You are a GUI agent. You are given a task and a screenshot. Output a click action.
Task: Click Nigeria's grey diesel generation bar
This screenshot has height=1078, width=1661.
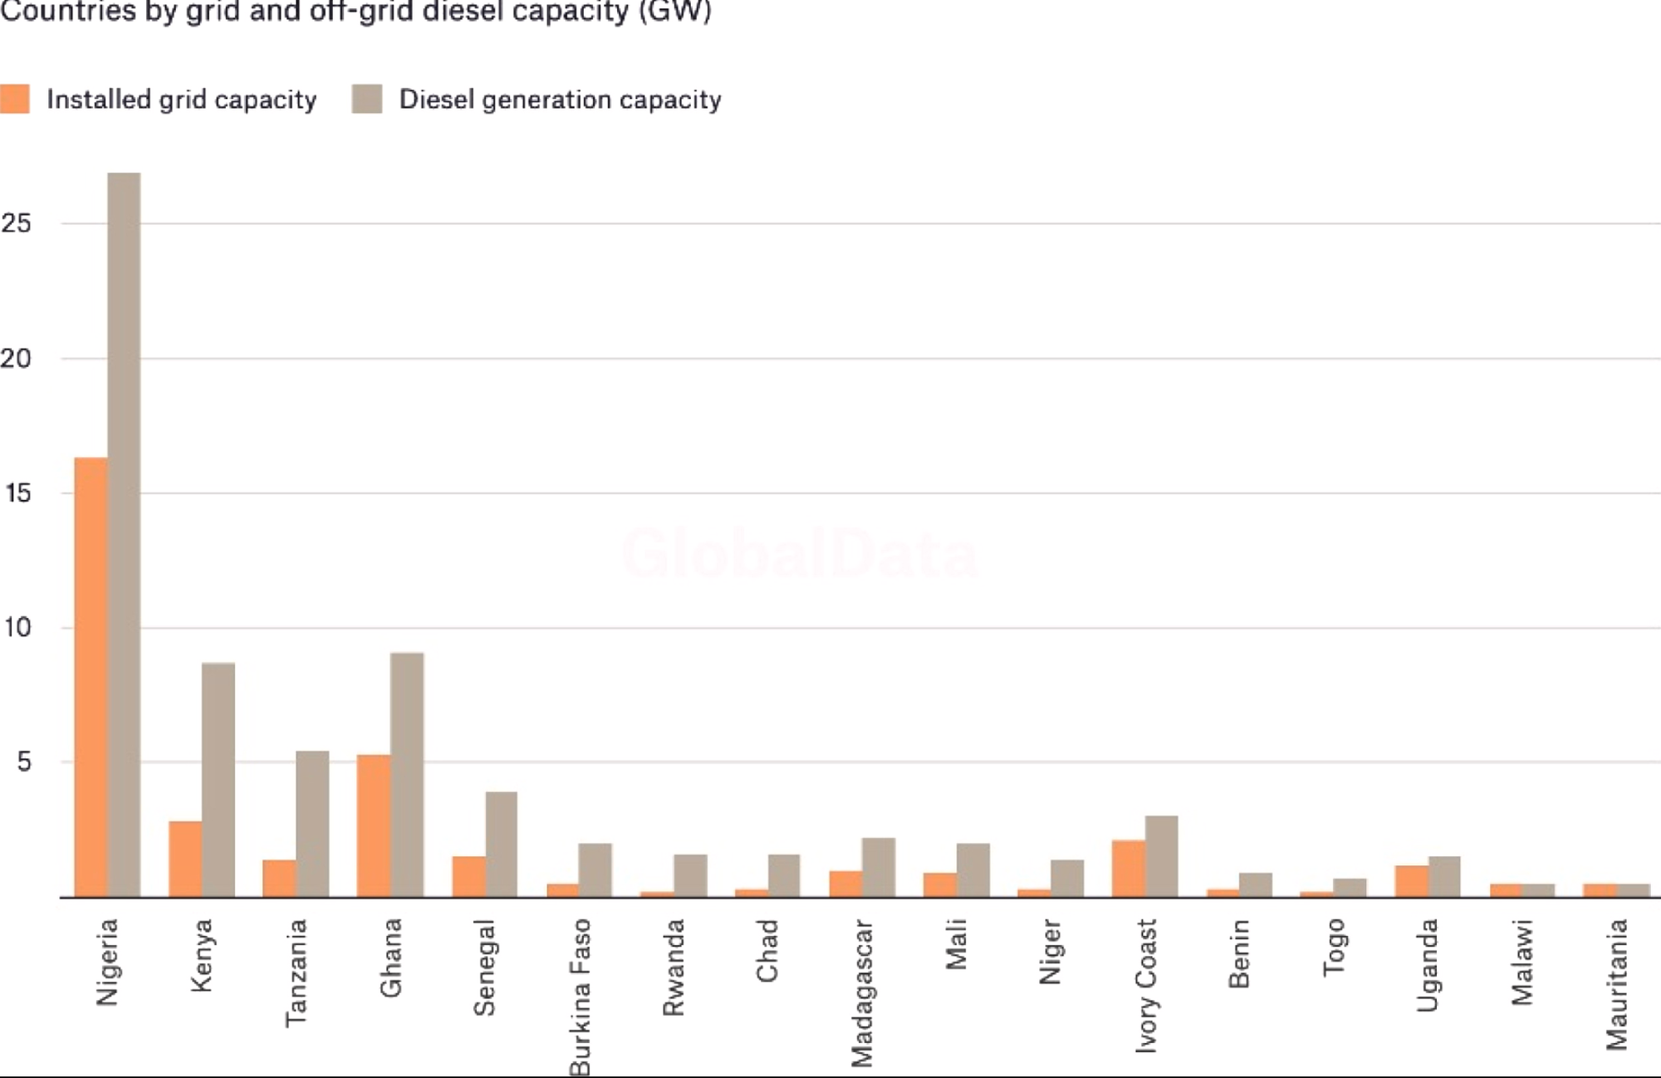point(124,535)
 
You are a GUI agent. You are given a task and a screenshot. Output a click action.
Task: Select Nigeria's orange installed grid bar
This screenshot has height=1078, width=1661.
point(91,677)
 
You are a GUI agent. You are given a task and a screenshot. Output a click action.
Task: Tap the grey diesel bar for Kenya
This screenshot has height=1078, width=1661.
point(218,780)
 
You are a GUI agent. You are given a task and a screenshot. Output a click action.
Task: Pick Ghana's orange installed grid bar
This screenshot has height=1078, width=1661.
point(374,826)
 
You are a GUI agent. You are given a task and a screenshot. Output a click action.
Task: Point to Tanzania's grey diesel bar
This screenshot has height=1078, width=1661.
point(312,824)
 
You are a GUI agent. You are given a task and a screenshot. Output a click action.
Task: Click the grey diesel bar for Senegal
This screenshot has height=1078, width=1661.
point(502,845)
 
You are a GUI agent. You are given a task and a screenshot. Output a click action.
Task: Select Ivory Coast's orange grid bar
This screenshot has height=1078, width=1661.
point(1129,869)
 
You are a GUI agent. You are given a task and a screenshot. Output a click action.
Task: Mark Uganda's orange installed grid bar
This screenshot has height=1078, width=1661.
point(1412,881)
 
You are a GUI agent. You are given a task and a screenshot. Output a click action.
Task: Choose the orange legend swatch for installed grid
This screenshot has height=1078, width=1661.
point(14,99)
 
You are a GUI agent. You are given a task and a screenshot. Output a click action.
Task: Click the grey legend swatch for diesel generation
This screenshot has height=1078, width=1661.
point(367,99)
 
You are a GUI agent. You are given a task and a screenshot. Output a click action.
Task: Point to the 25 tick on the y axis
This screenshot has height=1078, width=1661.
point(16,223)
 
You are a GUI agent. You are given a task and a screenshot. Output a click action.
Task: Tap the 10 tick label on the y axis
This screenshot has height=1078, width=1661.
point(17,628)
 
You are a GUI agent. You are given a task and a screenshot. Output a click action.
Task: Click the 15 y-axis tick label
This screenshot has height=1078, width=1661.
point(17,493)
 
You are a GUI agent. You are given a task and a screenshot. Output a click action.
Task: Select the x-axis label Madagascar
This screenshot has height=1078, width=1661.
point(862,992)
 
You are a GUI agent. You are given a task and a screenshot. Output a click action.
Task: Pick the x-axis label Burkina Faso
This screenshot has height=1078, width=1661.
point(580,997)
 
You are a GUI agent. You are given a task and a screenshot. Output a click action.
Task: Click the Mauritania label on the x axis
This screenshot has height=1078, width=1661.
point(1616,984)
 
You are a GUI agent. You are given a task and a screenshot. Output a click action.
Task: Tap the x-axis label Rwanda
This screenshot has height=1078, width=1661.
point(674,968)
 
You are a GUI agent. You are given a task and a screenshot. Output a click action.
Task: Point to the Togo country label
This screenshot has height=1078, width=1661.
point(1334,948)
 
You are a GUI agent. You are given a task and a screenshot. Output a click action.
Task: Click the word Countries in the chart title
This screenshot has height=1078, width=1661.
point(56,12)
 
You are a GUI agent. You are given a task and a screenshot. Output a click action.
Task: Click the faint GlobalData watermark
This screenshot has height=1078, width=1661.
point(800,554)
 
